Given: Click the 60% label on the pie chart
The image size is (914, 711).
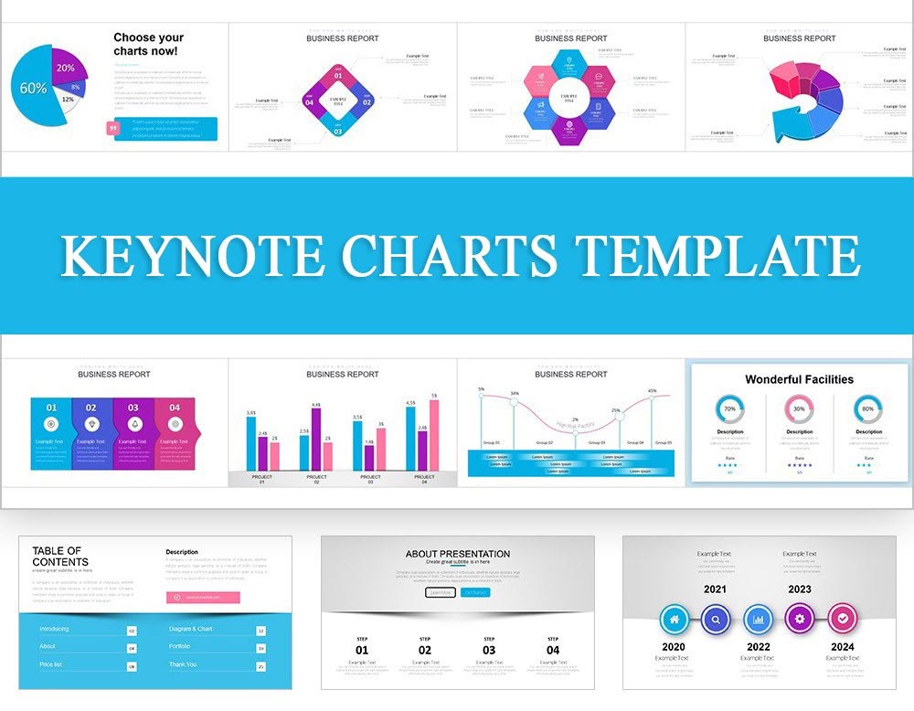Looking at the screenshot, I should pos(34,89).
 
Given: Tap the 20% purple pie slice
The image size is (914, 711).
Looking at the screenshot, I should pos(66,68).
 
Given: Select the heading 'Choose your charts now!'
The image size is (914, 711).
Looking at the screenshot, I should pos(148,44).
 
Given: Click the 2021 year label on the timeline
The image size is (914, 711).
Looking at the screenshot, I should pos(715,589).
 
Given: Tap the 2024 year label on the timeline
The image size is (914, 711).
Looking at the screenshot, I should pos(843,646).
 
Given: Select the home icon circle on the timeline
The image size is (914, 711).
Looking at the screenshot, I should pos(675,620).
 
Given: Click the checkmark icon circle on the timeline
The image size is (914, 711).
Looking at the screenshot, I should pos(843,620).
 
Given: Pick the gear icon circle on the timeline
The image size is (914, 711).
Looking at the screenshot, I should pos(800,620).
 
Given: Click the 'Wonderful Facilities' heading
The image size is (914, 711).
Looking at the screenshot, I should pos(799,379).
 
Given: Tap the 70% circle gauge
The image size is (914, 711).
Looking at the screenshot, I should pos(729,409).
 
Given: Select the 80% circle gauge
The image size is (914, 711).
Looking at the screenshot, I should pos(868,409).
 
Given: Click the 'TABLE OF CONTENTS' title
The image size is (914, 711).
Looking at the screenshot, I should pos(60,556).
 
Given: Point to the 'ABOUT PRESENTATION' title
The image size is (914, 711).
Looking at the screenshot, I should pos(457,554).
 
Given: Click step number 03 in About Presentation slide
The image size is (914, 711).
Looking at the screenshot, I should pos(489,651).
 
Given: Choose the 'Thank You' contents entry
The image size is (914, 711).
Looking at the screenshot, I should pos(183,664).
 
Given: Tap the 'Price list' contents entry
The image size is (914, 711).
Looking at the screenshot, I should pos(51,664).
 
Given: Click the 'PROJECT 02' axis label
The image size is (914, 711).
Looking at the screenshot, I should pos(316,479).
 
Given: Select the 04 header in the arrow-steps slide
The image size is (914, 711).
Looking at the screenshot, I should pos(175,408).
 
